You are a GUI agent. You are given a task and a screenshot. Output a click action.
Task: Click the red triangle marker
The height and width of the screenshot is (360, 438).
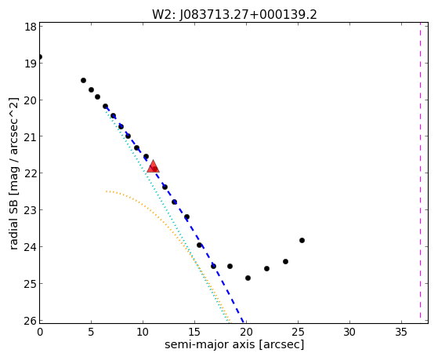pos(153,167)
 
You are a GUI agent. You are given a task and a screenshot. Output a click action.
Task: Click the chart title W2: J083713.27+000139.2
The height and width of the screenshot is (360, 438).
pos(234,14)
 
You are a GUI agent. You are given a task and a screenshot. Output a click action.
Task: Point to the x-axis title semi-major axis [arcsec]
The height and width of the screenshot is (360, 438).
pos(234,344)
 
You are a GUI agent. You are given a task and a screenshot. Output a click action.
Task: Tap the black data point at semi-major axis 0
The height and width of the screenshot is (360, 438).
pos(40,56)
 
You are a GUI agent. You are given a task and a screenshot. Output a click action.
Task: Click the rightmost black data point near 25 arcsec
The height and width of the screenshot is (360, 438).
pos(302,240)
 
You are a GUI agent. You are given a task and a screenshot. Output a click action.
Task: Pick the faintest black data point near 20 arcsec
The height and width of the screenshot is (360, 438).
pos(248,278)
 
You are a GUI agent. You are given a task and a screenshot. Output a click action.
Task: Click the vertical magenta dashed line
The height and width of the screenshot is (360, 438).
pos(420,173)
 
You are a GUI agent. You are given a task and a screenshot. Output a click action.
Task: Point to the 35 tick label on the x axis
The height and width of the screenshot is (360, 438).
pos(401,332)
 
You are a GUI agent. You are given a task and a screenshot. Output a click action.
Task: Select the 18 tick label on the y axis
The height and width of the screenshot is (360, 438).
pos(31,27)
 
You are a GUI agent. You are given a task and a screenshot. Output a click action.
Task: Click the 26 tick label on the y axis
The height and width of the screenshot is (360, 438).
pos(31,321)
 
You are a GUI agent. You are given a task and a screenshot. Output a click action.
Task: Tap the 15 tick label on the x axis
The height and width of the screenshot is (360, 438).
pos(194,332)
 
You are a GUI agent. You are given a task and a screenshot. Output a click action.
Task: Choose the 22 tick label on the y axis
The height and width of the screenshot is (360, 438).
pos(31,173)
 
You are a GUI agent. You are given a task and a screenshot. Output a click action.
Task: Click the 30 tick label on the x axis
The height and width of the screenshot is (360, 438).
pos(349,332)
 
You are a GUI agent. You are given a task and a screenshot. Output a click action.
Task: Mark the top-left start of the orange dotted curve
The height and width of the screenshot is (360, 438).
pos(106,191)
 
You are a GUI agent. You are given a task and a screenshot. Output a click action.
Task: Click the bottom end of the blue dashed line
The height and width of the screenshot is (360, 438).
pos(244,322)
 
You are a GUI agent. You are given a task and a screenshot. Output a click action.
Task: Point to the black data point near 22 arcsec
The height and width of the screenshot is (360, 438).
pos(266,268)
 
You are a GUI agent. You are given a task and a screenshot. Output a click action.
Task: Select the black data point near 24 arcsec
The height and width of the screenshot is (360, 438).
pos(285,261)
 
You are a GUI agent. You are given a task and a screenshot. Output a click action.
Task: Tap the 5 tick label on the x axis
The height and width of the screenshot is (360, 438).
pos(91,332)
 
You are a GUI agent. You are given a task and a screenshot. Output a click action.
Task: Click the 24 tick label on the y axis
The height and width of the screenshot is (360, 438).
pos(31,247)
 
